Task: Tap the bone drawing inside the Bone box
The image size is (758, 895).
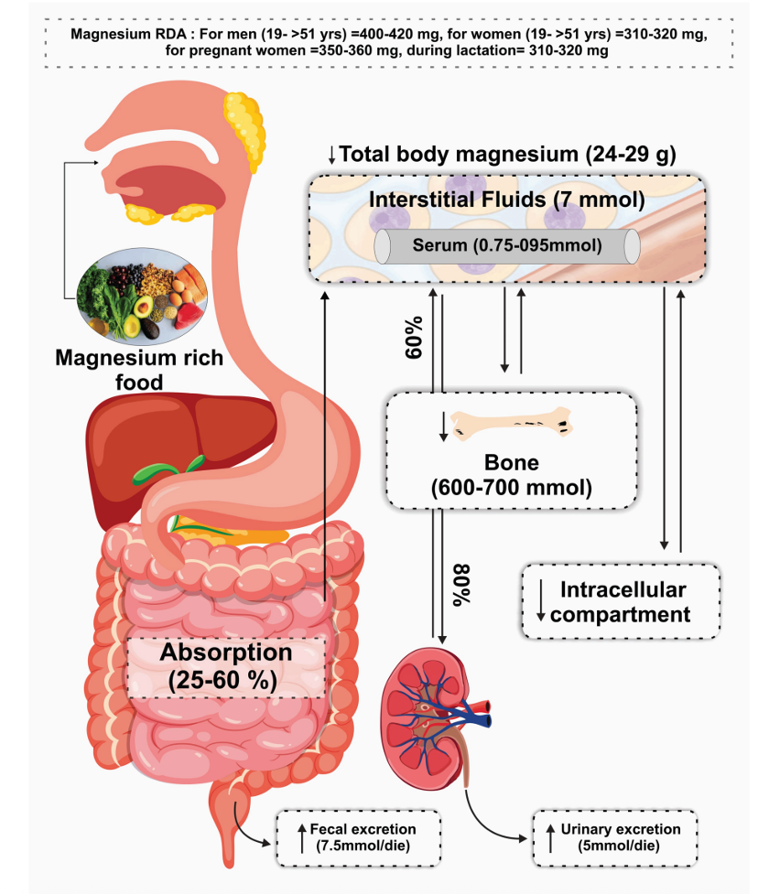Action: tap(512, 424)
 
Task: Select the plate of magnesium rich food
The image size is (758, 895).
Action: tap(142, 296)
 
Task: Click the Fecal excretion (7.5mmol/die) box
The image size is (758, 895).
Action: tap(359, 837)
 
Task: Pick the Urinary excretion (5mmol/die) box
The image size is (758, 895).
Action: tap(615, 837)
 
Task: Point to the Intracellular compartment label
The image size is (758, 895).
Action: tap(621, 601)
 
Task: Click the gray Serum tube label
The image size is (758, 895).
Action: tap(507, 246)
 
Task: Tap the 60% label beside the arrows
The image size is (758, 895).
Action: tap(414, 338)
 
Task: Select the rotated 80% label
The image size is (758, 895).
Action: tap(460, 585)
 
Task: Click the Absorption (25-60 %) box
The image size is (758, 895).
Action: tap(226, 667)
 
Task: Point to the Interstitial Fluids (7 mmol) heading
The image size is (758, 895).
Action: tap(507, 199)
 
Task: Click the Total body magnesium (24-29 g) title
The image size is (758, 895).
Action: tap(507, 154)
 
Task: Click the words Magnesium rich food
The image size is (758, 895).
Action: tap(139, 370)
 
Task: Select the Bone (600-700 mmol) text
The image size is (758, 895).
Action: tap(512, 475)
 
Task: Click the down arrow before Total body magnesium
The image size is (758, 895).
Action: tap(331, 155)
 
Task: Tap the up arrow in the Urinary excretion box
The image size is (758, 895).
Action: tap(551, 838)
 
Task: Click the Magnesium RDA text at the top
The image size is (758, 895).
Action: tap(389, 42)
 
